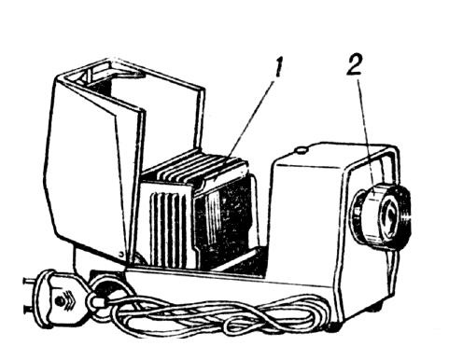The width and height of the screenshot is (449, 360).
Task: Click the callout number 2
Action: pos(355,63)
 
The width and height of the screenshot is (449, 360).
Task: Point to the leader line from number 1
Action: pos(250,120)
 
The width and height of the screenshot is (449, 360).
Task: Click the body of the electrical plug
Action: pos(63,299)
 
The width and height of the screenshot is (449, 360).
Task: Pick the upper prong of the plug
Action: pos(30,282)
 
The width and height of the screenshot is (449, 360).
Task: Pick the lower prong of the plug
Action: pos(32,310)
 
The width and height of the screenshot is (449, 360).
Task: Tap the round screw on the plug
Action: pos(58,301)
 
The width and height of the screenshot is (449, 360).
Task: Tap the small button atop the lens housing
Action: pos(301,150)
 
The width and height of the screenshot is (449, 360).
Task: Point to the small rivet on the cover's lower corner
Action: pos(122,253)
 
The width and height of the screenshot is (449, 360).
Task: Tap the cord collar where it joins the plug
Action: pos(95,301)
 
